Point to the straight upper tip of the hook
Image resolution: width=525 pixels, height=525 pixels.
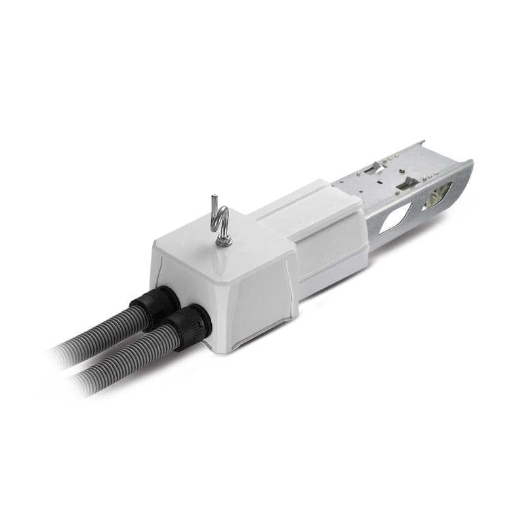[x=213, y=199]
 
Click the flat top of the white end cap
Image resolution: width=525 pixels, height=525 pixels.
[x=217, y=253]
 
